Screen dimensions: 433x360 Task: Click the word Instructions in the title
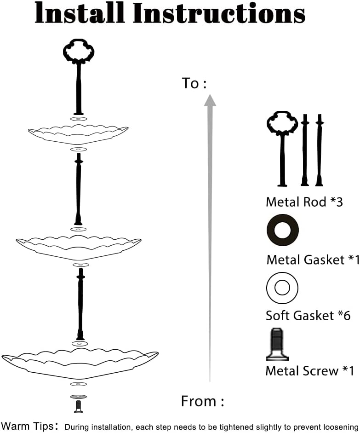(219, 14)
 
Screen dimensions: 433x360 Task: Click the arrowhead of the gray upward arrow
(210, 100)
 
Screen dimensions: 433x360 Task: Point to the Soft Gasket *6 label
(308, 316)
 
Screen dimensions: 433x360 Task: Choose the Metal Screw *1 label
(309, 370)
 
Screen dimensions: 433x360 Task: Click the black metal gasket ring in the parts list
(282, 230)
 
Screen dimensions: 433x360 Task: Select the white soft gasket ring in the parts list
(282, 288)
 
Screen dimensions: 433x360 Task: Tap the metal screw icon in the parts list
(277, 344)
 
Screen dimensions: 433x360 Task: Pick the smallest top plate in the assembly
(78, 134)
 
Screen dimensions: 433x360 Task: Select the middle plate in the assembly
(79, 245)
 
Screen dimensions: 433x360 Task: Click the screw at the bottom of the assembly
(78, 406)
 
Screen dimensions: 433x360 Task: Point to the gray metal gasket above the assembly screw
(78, 396)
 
